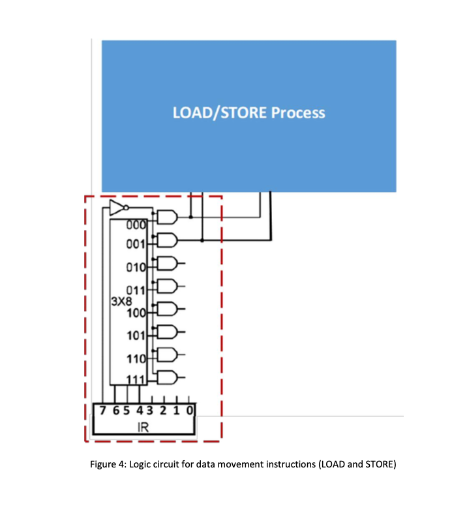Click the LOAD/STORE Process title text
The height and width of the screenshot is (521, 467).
[249, 112]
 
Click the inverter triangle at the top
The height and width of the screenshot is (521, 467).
[116, 208]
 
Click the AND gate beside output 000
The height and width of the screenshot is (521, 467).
[167, 217]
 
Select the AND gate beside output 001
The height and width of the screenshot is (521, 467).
[167, 240]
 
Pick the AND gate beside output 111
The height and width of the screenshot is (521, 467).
[167, 377]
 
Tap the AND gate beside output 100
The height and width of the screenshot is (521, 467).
[167, 309]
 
